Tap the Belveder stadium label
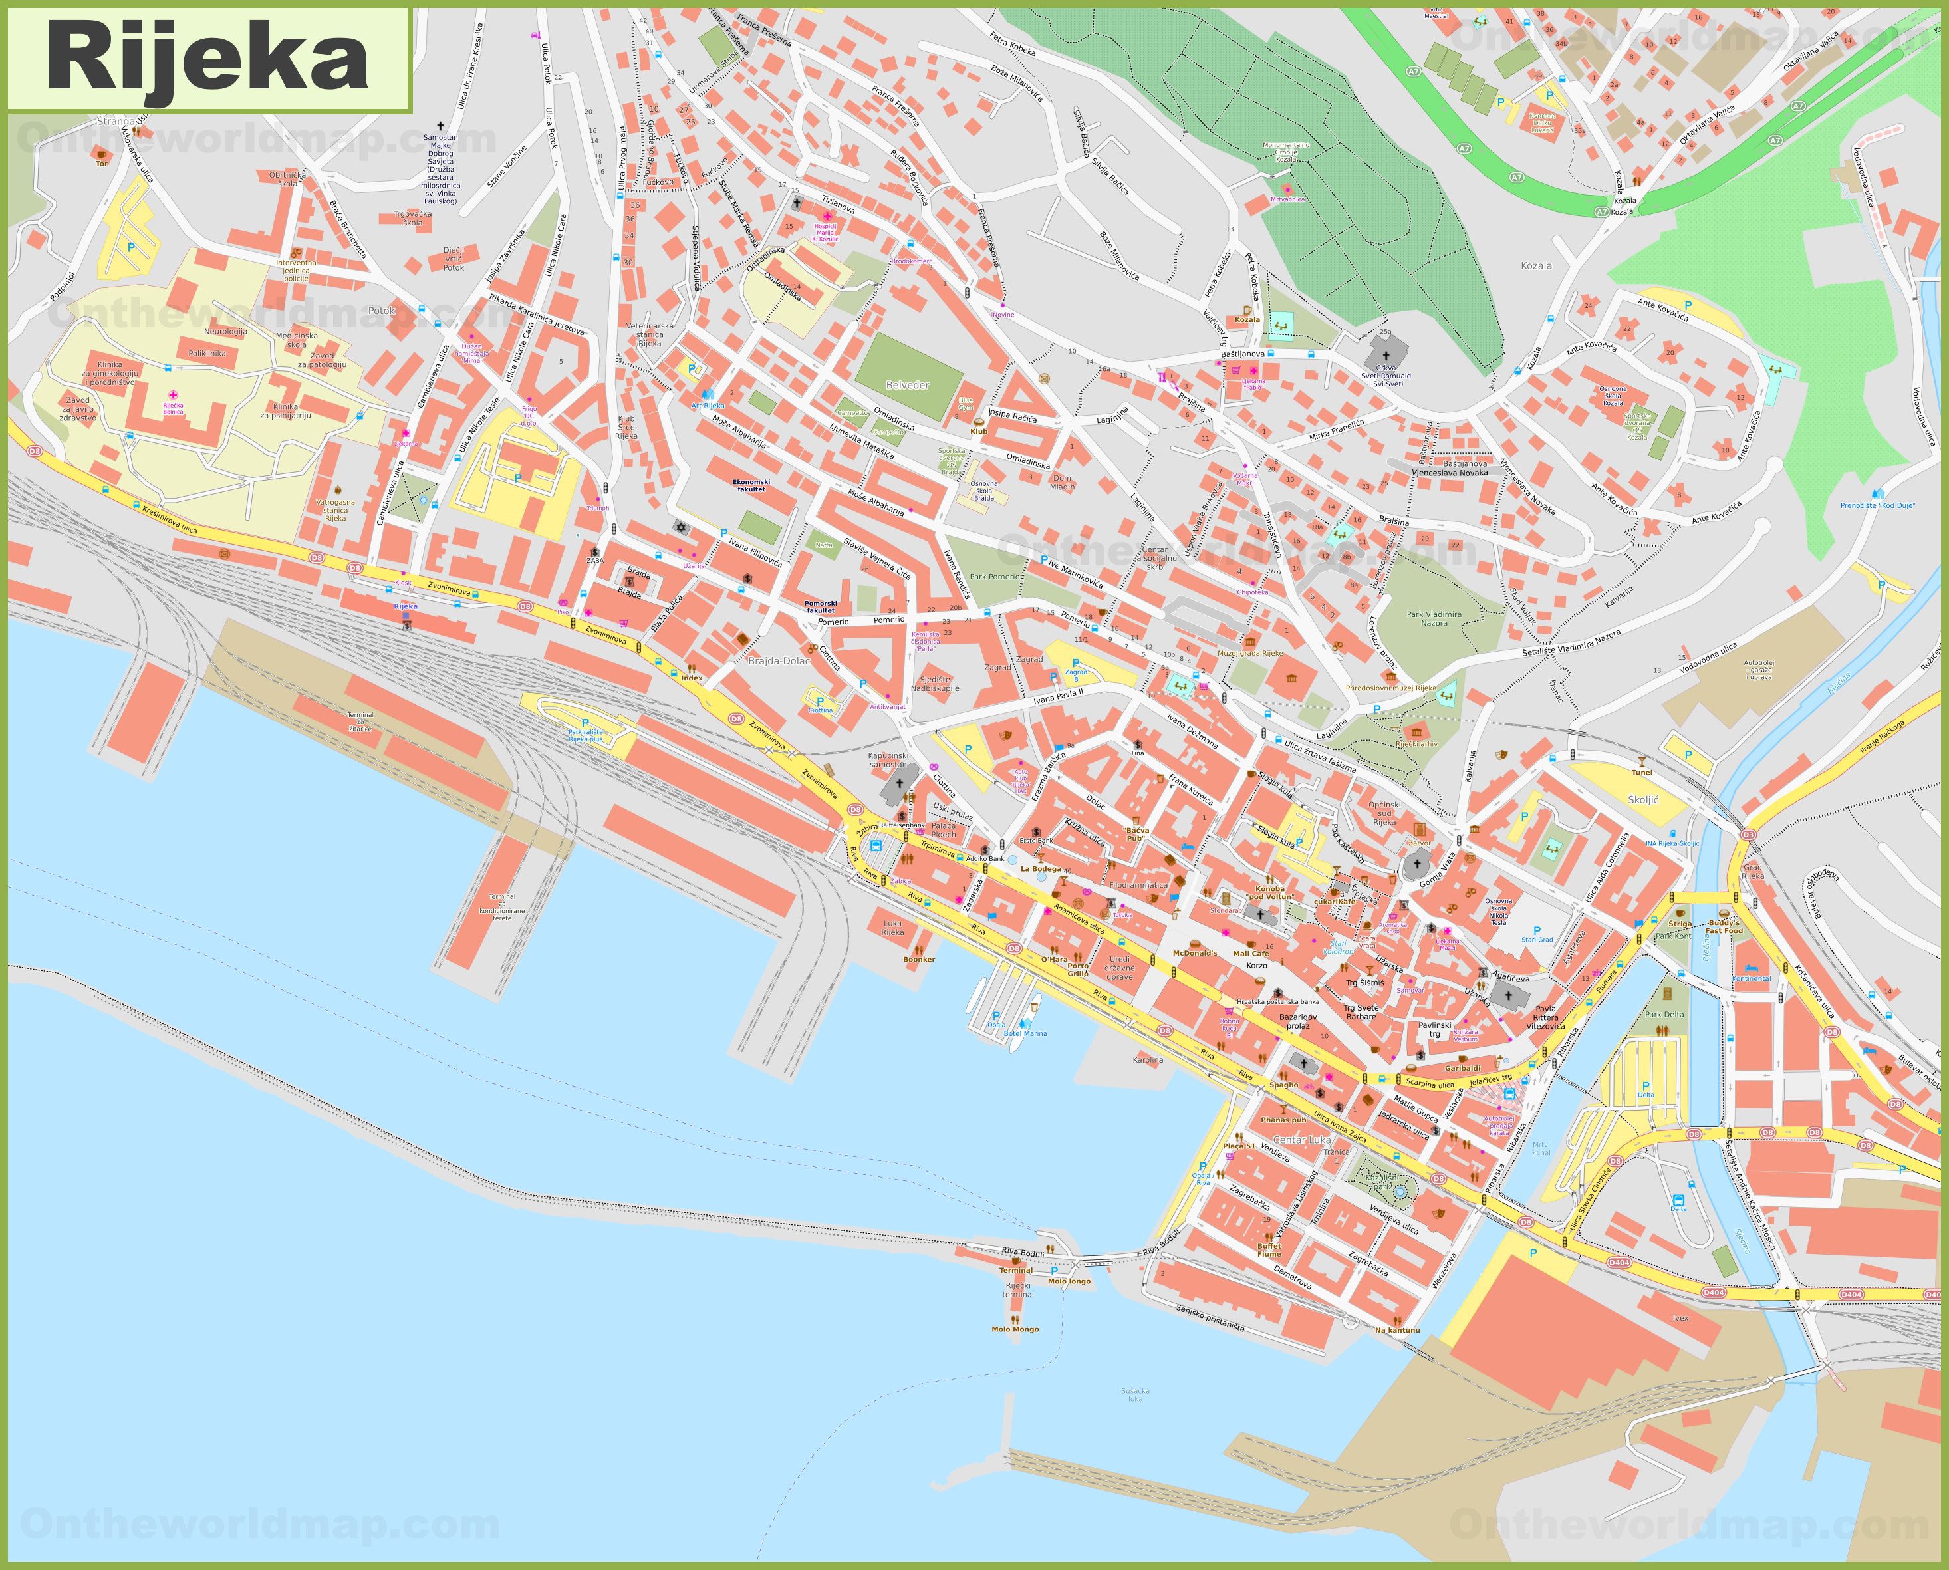coord(907,385)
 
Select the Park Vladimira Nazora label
coord(1434,618)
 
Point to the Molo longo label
coord(1069,1281)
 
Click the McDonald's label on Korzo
coord(1195,953)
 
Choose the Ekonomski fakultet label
coord(751,485)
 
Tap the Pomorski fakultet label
coord(821,607)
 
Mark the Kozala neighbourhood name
coord(1535,266)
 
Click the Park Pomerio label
coord(994,576)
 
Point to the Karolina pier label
coord(1148,1060)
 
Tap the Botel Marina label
coord(1025,1034)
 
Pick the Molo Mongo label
coord(1015,1329)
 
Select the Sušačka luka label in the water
coord(1135,1394)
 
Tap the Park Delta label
coord(1664,1015)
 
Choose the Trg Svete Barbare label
coord(1361,1012)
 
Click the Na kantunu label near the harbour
coord(1396,1331)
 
